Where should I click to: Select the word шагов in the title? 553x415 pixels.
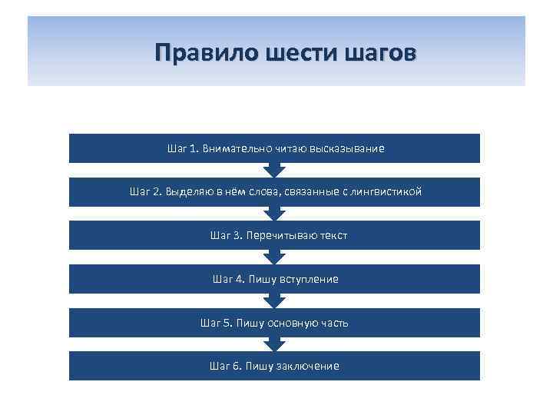[376, 52]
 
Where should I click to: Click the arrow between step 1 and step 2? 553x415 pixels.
[274, 171]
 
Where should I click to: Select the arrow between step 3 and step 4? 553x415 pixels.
[274, 257]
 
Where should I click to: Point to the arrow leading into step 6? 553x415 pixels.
[274, 345]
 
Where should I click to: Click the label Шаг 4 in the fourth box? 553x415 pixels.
[223, 279]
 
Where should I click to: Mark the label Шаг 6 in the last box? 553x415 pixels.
[220, 367]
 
